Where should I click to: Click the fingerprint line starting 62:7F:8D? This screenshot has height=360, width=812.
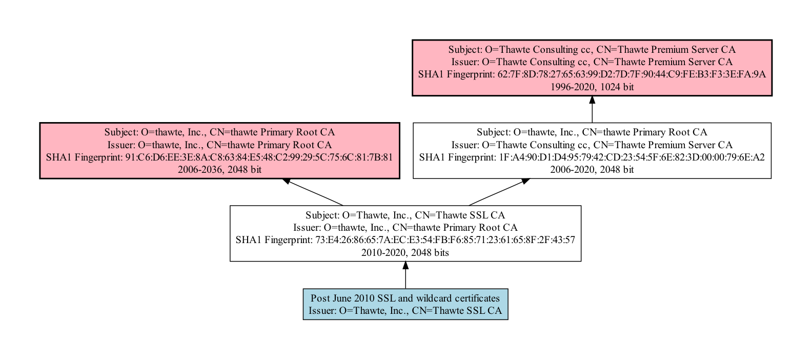tap(592, 74)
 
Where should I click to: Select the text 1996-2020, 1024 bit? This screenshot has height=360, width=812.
tap(592, 87)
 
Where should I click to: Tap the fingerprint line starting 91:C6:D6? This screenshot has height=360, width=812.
tap(219, 157)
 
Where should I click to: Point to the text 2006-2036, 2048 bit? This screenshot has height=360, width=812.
tap(219, 170)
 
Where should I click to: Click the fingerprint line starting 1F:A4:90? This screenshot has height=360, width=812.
tap(592, 157)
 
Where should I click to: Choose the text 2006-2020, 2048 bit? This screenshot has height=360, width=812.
tap(592, 170)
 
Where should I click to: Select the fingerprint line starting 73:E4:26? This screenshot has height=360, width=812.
tap(405, 240)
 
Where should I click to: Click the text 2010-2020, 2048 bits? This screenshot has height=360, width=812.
tap(405, 253)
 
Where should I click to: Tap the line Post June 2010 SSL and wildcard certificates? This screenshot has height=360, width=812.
tap(405, 298)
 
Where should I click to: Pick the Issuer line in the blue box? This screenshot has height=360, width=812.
tap(405, 311)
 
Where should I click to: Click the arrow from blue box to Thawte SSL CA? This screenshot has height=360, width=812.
tap(405, 275)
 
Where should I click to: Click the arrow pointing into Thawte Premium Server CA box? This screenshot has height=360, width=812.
tap(592, 109)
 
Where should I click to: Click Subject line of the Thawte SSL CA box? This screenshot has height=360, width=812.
tap(405, 215)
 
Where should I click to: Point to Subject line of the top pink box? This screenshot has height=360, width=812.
tap(592, 50)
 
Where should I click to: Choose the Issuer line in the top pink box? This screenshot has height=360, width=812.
tap(592, 62)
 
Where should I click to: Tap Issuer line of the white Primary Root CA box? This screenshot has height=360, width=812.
tap(592, 145)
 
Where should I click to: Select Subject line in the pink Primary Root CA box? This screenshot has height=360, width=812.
tap(219, 132)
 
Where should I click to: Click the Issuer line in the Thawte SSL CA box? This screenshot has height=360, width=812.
tap(405, 227)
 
